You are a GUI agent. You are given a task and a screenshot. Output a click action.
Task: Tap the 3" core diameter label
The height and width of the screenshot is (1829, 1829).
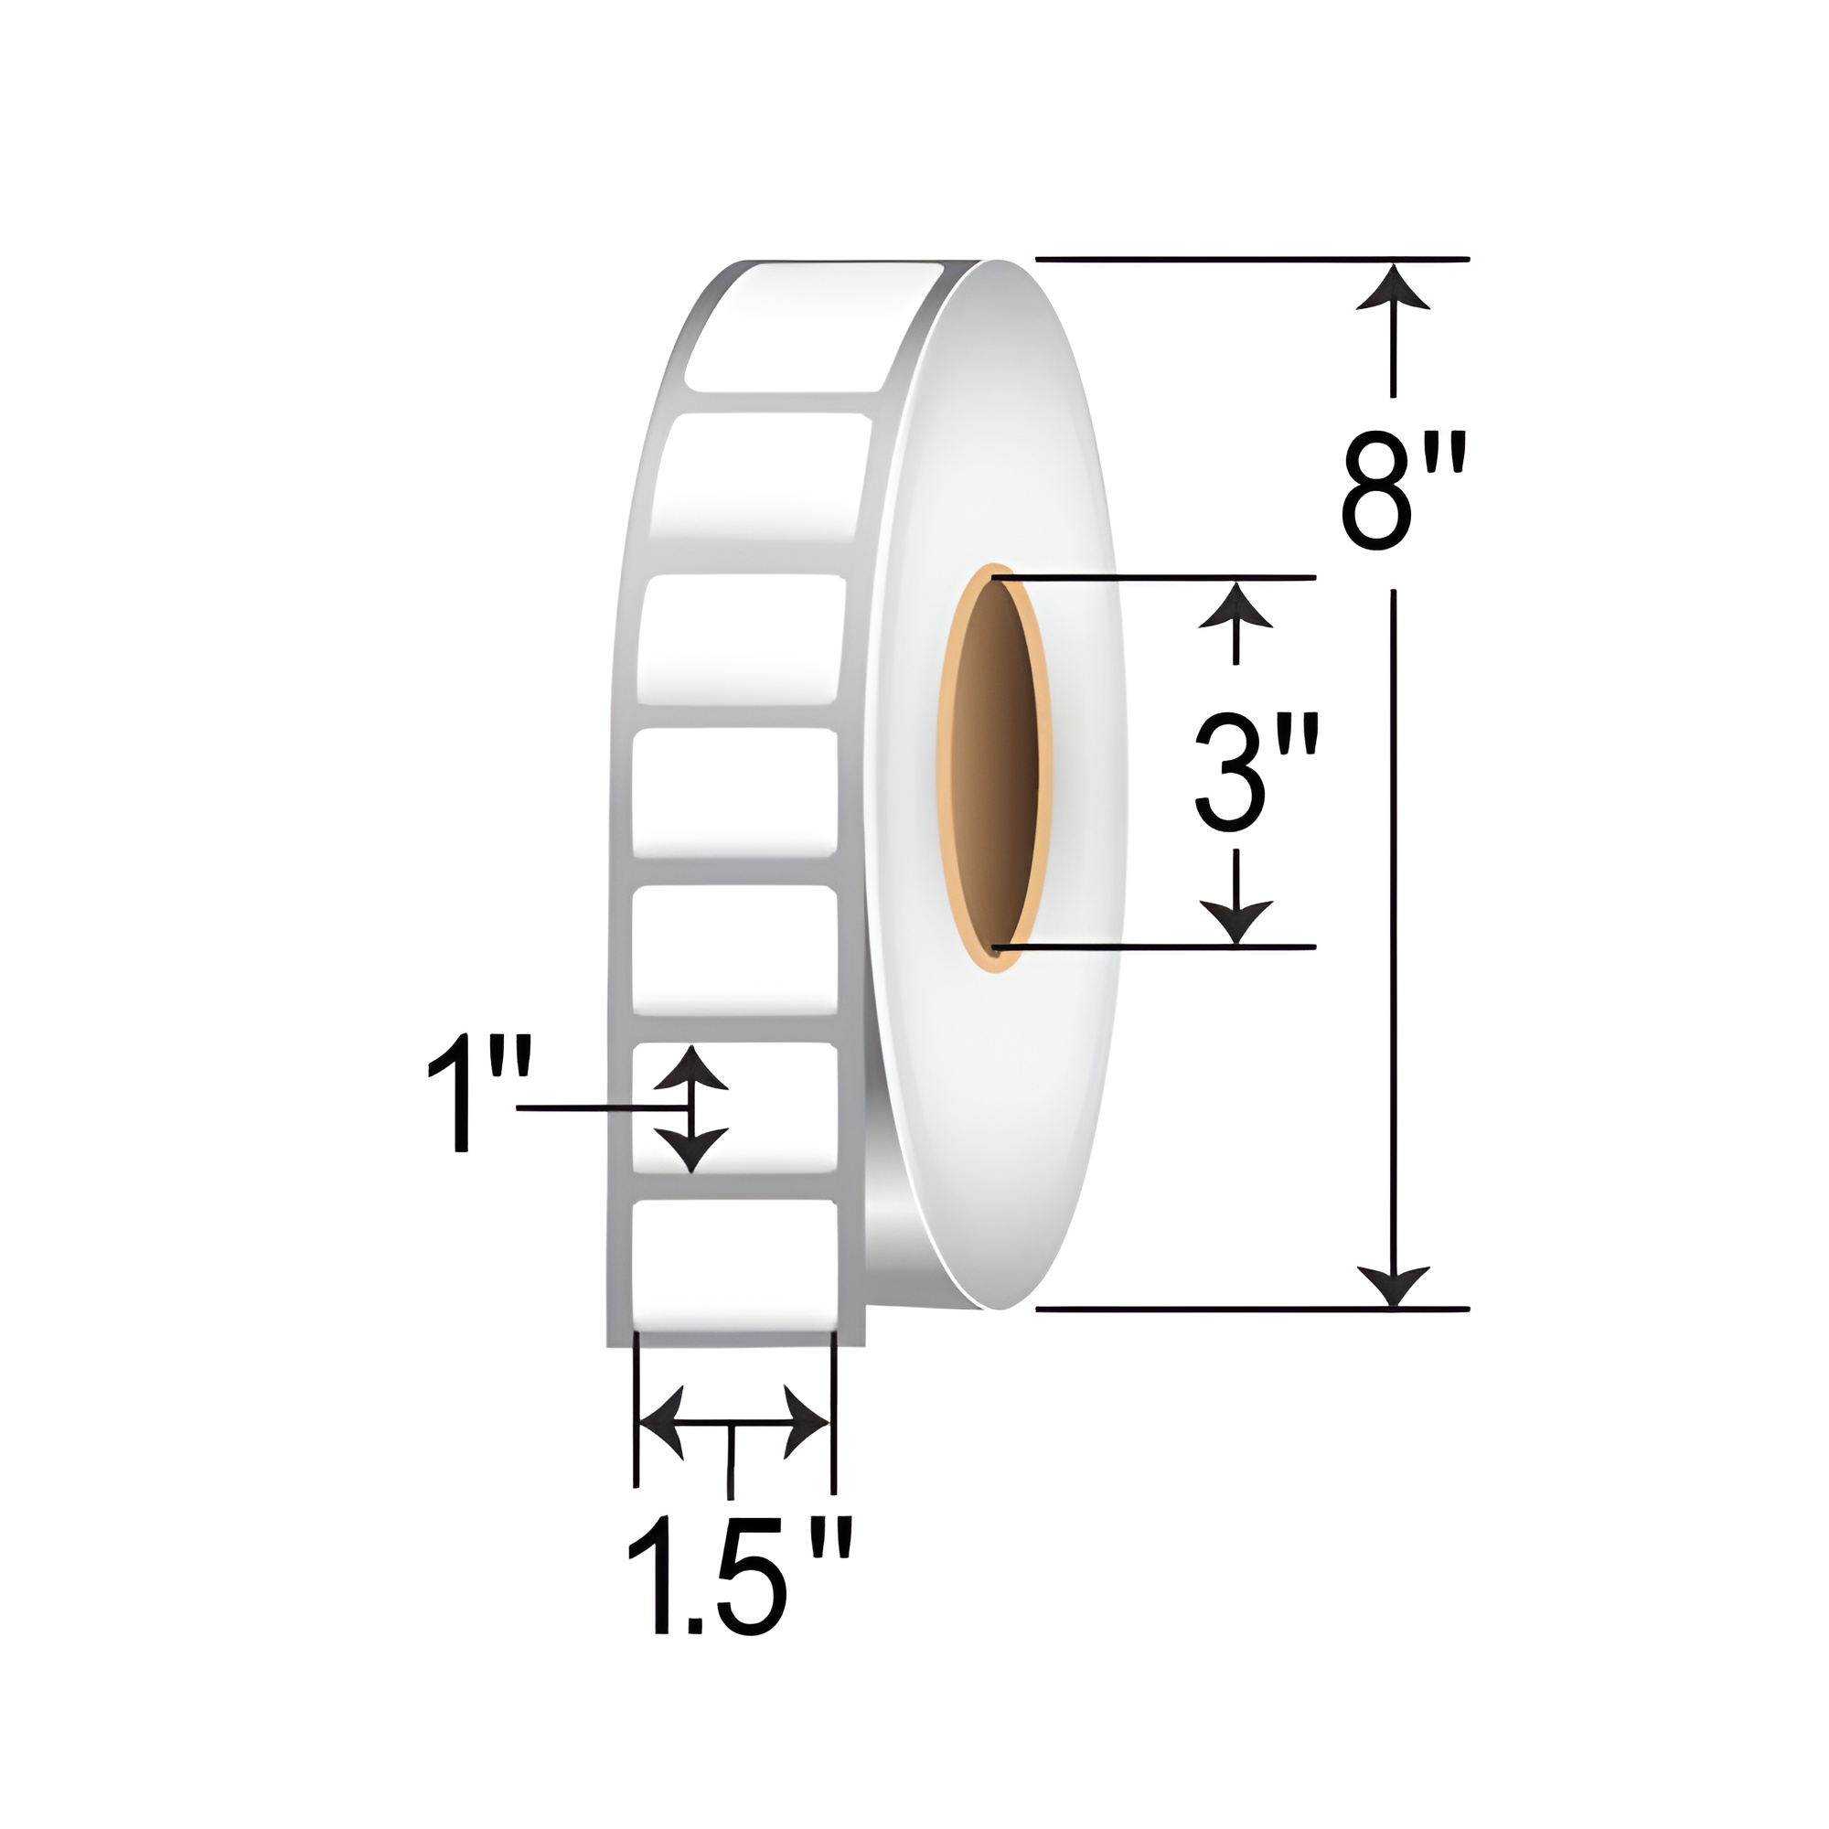[x=1257, y=772]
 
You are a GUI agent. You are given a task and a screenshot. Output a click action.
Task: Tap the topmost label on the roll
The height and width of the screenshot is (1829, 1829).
[x=814, y=326]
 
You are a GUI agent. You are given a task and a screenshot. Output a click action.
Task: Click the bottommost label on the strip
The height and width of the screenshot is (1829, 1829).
[x=734, y=1264]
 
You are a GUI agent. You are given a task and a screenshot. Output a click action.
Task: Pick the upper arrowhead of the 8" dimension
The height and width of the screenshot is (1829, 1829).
[x=1393, y=286]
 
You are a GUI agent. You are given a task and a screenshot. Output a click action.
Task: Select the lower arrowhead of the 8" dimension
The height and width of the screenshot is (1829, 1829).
[x=1393, y=1284]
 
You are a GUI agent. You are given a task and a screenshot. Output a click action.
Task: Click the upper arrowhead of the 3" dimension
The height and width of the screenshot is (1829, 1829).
[x=1235, y=604]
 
